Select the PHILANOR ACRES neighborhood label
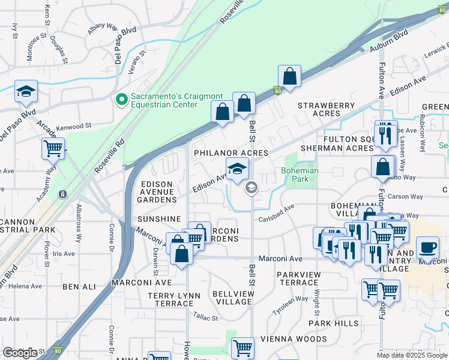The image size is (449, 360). coord(230,154)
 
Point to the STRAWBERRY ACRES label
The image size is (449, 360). coord(327,109)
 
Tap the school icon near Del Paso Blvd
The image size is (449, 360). coord(26,91)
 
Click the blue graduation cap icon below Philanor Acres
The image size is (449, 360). coord(237,168)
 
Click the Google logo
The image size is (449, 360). coord(20,353)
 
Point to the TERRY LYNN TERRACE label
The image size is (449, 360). coord(174,299)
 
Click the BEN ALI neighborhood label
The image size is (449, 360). coord(76,287)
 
